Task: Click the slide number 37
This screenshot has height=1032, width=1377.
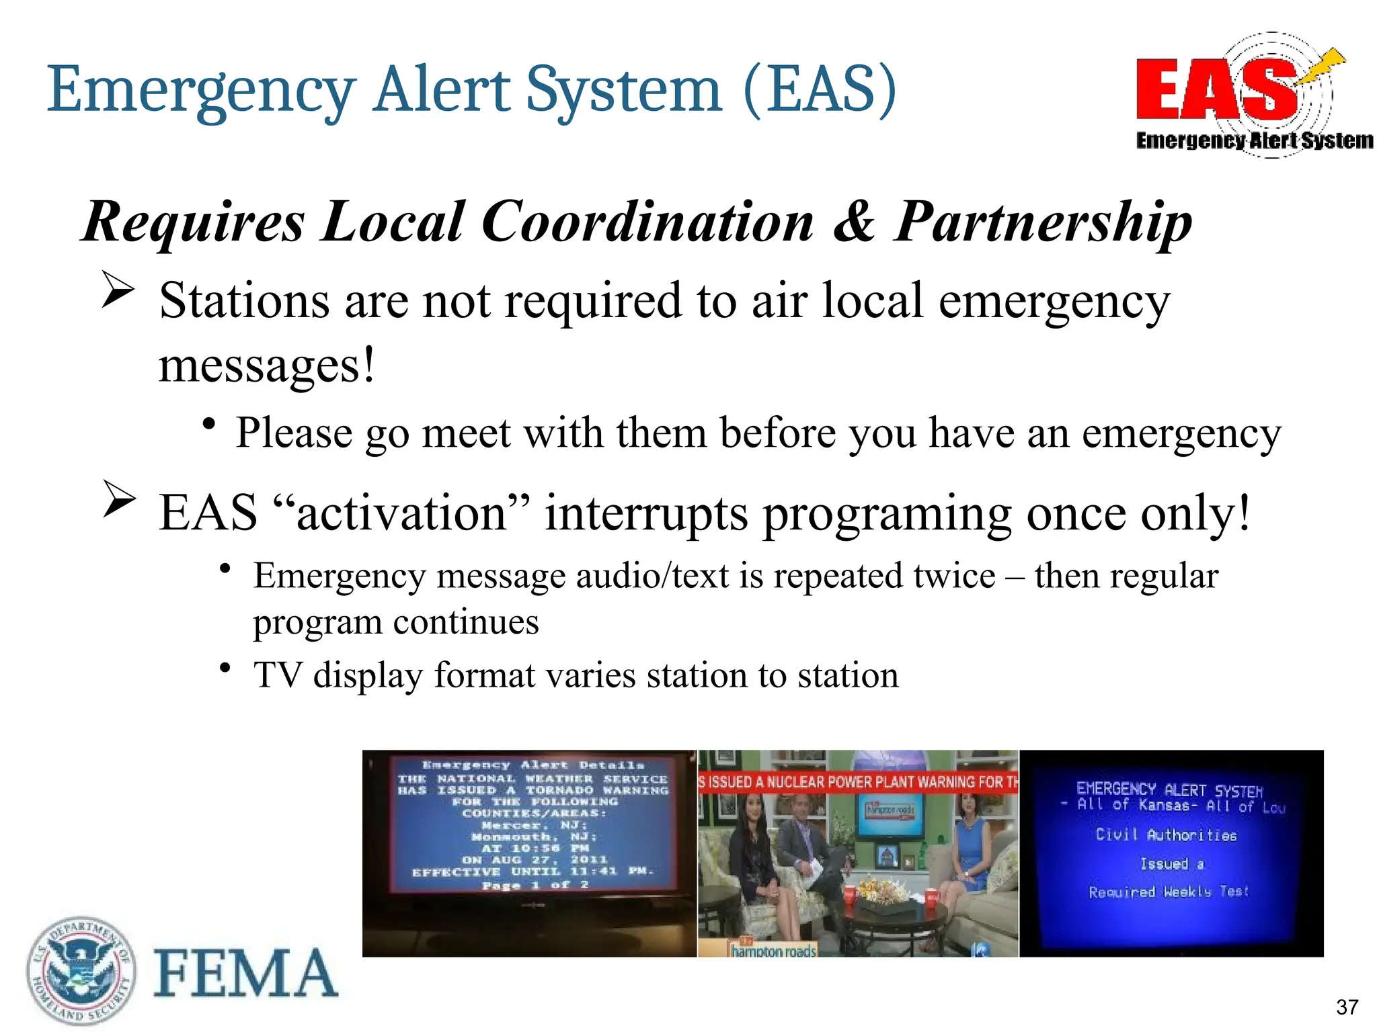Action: click(1347, 1006)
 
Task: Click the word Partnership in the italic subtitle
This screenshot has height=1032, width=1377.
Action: click(1043, 222)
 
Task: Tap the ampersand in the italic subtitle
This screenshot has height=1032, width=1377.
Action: click(853, 222)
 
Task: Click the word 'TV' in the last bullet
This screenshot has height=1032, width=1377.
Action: click(277, 675)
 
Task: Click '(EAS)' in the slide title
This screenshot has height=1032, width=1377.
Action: click(820, 90)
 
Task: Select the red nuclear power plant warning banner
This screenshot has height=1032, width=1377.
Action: click(858, 782)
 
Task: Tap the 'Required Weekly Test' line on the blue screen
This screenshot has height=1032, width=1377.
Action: click(1169, 892)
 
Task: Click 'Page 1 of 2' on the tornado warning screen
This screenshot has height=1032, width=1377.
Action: click(535, 885)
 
